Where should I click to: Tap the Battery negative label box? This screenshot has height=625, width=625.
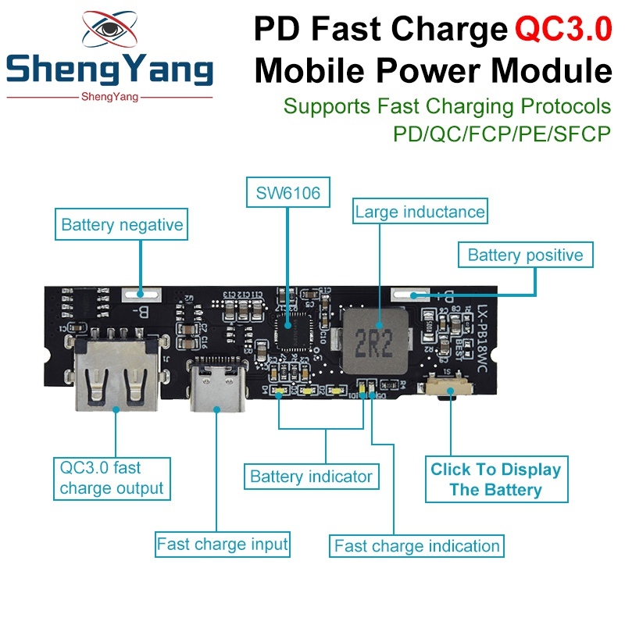tap(122, 225)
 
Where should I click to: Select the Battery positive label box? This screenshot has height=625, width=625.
tap(525, 255)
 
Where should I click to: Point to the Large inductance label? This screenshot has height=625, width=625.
tap(420, 211)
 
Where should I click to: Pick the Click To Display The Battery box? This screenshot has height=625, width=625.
tap(496, 480)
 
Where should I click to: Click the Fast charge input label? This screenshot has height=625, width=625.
tap(223, 543)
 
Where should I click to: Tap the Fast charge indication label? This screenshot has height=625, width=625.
tap(416, 545)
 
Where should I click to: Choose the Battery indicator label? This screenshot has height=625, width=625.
tap(311, 476)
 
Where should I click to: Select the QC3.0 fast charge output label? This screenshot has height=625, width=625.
tap(112, 478)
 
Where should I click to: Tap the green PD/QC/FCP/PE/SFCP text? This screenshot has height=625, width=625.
tap(501, 133)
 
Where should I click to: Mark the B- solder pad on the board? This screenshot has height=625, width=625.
tap(145, 295)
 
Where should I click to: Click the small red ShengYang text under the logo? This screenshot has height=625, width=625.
tap(109, 97)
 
